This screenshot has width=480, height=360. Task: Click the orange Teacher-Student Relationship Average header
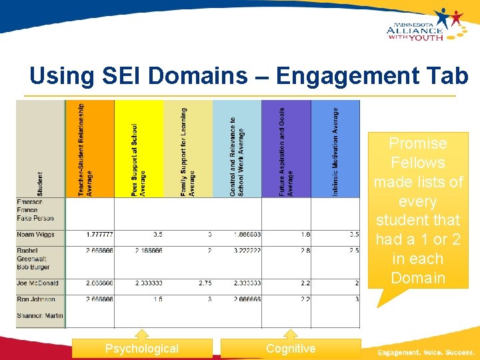point(89,149)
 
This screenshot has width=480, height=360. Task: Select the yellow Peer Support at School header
point(139,149)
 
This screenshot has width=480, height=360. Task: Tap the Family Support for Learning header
point(188,149)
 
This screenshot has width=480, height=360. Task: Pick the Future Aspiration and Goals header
point(286,149)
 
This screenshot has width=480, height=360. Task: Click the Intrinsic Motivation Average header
point(335,149)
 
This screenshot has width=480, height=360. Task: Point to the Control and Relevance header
point(237,149)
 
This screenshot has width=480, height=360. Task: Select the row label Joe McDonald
point(39,283)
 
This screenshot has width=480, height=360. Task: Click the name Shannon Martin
point(39,315)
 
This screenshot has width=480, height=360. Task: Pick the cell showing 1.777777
point(99,235)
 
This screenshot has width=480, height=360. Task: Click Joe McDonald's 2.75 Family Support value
point(205,283)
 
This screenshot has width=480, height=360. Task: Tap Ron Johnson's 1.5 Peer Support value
point(157,299)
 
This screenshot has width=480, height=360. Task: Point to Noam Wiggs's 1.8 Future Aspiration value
point(305,235)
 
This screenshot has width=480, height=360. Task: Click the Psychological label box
point(142,349)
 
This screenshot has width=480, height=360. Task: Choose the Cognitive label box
point(291,349)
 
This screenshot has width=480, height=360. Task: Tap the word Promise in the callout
point(418,143)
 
